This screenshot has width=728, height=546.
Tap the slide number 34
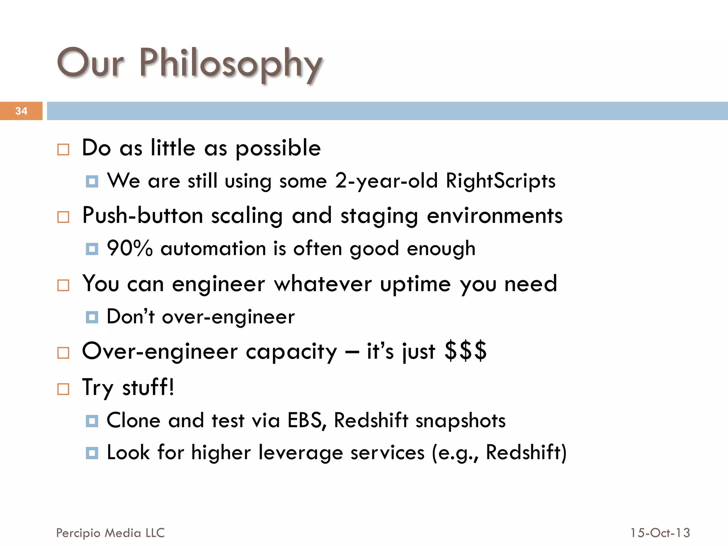click(21, 111)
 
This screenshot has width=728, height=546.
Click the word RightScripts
click(500, 181)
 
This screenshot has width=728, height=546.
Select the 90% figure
click(130, 248)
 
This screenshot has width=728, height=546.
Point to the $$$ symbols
click(465, 351)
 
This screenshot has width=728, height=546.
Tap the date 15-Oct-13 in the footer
click(660, 533)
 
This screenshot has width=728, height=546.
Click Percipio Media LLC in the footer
click(110, 533)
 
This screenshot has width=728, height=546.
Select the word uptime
click(416, 284)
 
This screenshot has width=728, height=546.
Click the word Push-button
click(143, 216)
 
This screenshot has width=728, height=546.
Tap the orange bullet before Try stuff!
click(63, 389)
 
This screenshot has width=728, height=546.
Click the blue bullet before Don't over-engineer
click(92, 317)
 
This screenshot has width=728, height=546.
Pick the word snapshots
click(460, 421)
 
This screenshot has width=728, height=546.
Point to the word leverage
click(301, 453)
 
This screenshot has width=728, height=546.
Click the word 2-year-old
click(386, 181)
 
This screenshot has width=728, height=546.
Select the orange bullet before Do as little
click(63, 149)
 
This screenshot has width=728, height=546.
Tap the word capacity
click(291, 352)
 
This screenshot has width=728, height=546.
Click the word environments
click(494, 216)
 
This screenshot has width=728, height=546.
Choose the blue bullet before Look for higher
click(92, 453)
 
